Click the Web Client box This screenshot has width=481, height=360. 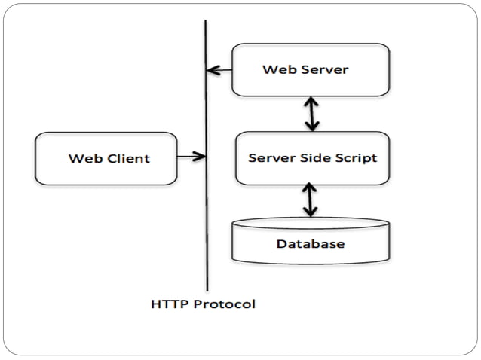point(106,158)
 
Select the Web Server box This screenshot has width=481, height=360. point(310,69)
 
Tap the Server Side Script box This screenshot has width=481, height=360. point(312,158)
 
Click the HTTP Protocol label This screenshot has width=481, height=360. point(203,304)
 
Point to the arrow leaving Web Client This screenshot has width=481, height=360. point(191,157)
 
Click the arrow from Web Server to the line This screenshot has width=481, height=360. point(219,71)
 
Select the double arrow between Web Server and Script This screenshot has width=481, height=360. point(310,114)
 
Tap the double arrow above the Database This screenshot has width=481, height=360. point(310,200)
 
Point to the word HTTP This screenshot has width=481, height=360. point(167,304)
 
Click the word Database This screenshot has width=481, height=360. point(311,244)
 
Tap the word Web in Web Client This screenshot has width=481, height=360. point(82,158)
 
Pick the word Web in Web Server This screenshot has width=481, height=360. point(276,69)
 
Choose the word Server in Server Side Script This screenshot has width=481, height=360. point(271,158)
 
